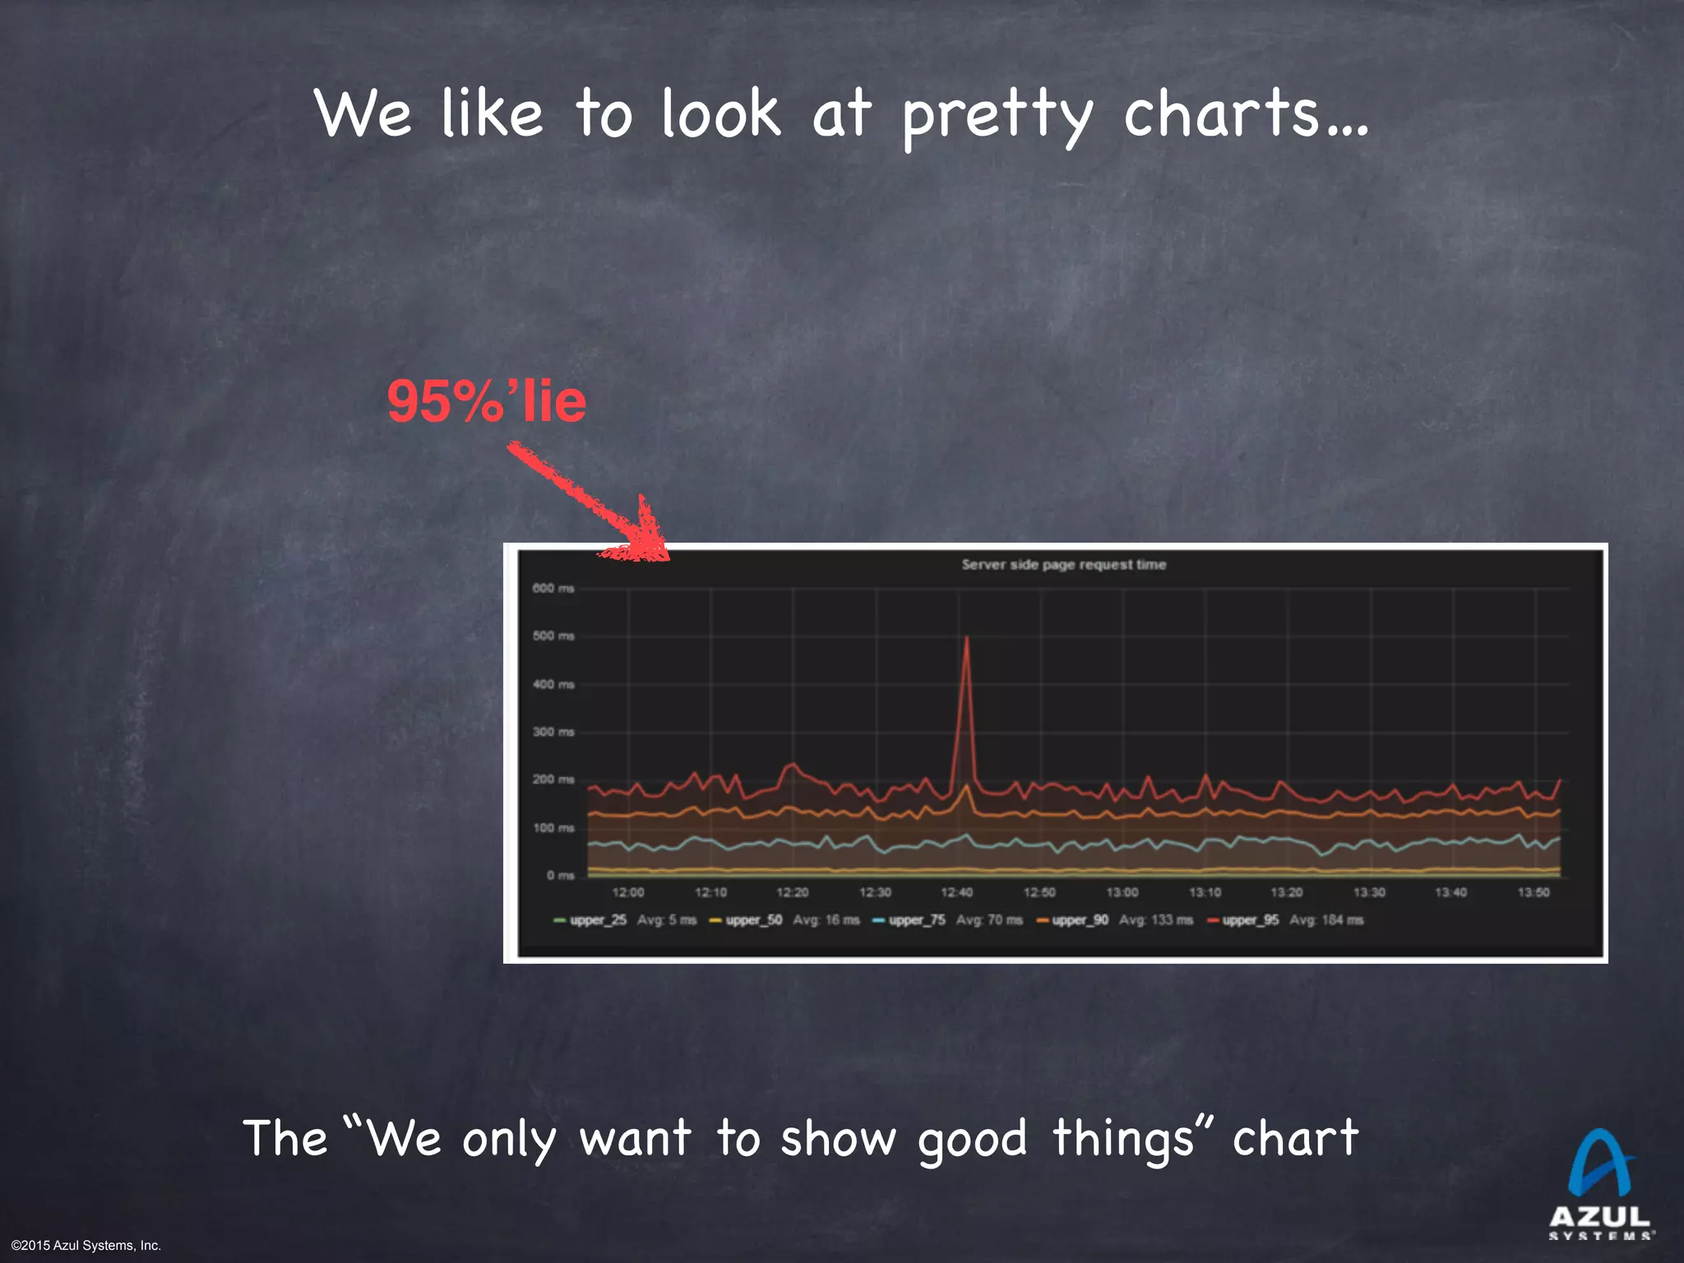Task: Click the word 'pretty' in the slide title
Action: point(997,115)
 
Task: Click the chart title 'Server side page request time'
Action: point(1064,565)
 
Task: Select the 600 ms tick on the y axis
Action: point(553,589)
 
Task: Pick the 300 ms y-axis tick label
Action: point(553,732)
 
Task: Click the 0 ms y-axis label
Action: point(560,876)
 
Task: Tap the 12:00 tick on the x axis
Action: point(628,893)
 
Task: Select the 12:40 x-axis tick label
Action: point(957,893)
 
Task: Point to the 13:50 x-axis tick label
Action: point(1534,893)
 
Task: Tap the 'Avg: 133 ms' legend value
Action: point(1155,920)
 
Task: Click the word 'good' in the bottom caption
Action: point(972,1140)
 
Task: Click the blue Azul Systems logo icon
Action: point(1599,1163)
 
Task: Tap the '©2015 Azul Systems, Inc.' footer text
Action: point(86,1246)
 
